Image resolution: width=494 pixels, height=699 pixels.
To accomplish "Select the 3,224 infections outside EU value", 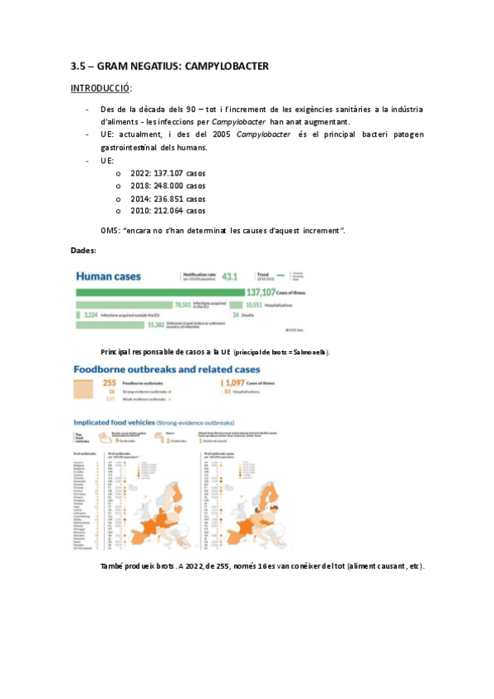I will pos(88,315).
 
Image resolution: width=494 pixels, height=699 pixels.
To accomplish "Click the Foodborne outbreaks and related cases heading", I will pos(168,369).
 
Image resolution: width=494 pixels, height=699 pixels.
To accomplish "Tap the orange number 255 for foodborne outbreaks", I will pos(109,383).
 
